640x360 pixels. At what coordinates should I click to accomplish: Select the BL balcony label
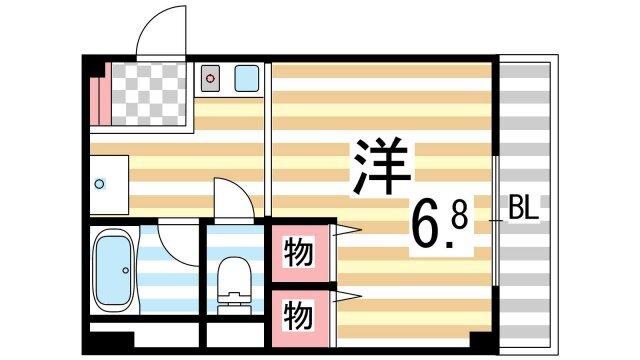pyautogui.click(x=524, y=211)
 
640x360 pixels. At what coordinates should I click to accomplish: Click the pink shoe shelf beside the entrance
pyautogui.click(x=97, y=95)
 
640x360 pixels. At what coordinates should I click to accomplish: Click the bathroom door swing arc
pyautogui.click(x=178, y=240)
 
